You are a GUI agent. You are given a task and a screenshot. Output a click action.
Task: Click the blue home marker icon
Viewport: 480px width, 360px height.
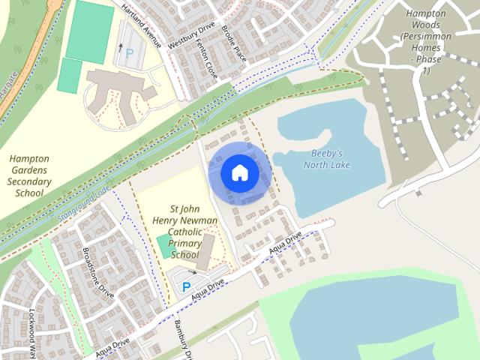(x=238, y=172)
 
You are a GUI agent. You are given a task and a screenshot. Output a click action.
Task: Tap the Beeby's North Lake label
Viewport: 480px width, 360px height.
(x=326, y=159)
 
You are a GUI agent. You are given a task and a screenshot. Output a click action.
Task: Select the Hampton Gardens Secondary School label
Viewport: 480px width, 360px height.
(x=28, y=175)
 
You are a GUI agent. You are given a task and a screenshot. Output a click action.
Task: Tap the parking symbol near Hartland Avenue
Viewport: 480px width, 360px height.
(x=130, y=54)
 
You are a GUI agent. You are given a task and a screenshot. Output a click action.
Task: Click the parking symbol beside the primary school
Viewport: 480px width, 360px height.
(x=186, y=286)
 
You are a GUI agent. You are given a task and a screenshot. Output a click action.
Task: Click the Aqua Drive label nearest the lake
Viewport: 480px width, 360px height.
(x=285, y=242)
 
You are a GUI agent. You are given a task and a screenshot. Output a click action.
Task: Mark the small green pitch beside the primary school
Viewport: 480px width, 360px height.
(x=163, y=246)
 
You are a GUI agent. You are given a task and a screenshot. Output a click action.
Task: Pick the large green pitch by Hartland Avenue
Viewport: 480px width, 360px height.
(x=90, y=31)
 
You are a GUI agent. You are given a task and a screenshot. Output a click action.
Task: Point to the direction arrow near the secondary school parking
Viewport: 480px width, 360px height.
(x=120, y=47)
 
